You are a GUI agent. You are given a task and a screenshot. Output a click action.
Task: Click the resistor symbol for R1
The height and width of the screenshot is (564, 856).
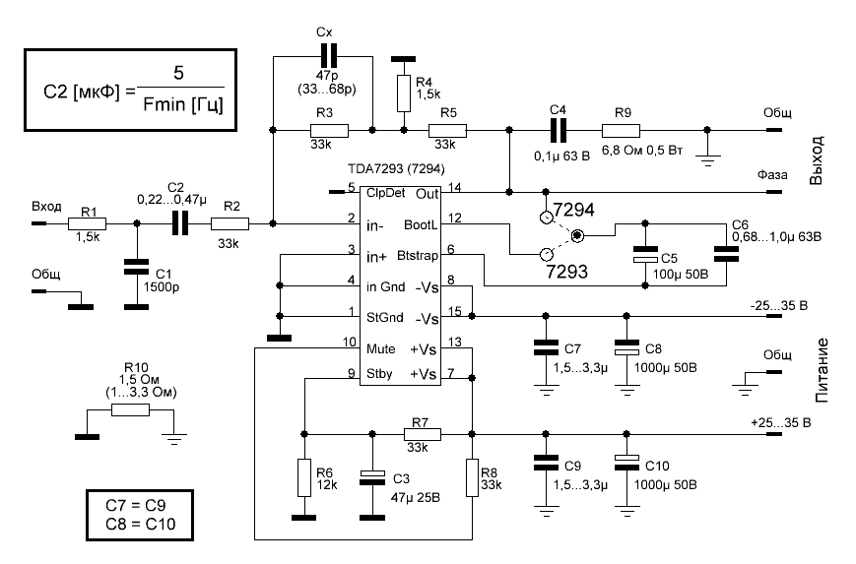[87, 223]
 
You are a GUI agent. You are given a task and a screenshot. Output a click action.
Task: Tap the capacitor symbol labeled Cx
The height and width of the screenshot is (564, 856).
[328, 56]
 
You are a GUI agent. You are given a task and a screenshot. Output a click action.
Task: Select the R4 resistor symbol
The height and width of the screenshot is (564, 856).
[404, 94]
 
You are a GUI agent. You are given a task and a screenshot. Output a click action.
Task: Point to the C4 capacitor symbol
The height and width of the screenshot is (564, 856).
[558, 130]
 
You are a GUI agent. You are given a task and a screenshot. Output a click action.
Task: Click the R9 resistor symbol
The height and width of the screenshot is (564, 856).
[621, 130]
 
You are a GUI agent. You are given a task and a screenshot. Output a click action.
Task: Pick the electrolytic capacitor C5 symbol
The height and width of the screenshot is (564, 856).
[645, 254]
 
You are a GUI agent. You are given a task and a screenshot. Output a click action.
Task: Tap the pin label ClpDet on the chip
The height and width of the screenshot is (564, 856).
[385, 193]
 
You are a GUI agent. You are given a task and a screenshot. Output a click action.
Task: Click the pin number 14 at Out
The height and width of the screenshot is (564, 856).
[455, 188]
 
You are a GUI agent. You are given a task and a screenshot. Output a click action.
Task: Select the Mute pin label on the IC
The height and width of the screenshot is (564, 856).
[380, 348]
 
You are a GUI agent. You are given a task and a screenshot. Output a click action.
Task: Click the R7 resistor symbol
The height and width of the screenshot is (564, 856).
[422, 434]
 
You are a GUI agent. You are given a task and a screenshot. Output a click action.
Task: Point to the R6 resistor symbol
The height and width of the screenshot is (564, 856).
[304, 477]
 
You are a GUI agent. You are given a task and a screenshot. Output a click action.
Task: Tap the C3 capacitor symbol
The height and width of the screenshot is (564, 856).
[371, 477]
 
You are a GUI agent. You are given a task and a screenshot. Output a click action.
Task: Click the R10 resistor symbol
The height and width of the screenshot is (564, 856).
[130, 410]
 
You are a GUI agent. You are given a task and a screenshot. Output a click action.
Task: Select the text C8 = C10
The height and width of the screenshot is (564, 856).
[140, 525]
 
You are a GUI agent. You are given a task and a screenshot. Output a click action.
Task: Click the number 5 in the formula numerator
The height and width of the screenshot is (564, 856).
[178, 73]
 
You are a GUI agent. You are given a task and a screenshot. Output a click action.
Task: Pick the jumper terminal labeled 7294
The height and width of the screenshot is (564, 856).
[546, 219]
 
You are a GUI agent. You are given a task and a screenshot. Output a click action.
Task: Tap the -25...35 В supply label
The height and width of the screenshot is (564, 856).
[778, 305]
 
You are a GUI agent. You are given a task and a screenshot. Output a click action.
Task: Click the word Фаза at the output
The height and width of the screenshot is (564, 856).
[772, 175]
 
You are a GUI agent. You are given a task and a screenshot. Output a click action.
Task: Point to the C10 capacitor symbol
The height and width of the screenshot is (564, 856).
[626, 463]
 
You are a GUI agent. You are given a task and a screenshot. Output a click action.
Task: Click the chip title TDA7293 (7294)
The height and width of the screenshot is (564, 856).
[396, 169]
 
